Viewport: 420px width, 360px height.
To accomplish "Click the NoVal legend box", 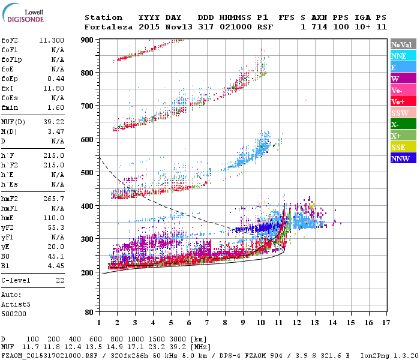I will point(401,44).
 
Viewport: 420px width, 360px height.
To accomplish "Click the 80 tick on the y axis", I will point(88,312).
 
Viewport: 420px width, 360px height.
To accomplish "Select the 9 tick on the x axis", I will point(243,323).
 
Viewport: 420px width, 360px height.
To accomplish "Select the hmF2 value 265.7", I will point(54,199).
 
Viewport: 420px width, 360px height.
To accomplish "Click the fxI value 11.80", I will point(54,88).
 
